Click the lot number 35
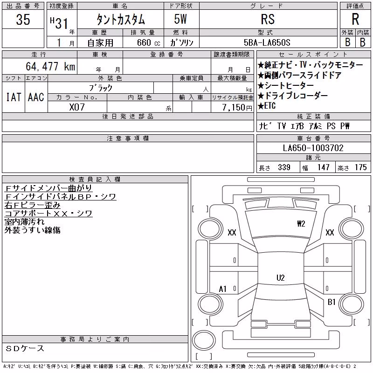pos(23,19)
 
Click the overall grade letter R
pos(355,19)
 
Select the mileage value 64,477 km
pos(50,66)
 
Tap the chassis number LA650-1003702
pos(313,148)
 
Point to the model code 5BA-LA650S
pos(267,42)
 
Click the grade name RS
pos(268,19)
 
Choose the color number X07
pos(77,107)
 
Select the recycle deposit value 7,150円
pos(237,107)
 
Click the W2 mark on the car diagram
pos(301,224)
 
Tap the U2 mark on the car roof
pos(281,277)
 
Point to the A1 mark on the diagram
pos(222,289)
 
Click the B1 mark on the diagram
pos(332,302)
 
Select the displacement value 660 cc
pos(148,42)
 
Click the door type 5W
pos(180,19)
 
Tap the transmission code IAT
pos(14,97)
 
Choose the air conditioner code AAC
pos(36,97)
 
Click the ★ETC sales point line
pos(266,106)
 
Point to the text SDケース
pos(25,348)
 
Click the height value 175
pos(361,167)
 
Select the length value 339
pos(284,167)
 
